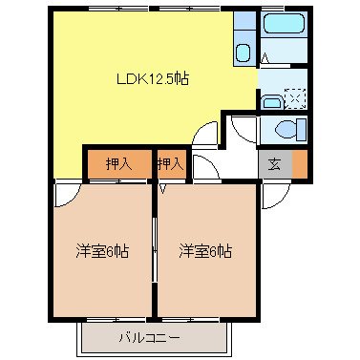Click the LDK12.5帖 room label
[152, 78]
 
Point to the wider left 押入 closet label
[118, 164]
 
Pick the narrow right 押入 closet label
[170, 164]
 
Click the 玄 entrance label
[274, 164]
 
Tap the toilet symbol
[286, 130]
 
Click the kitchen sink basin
[244, 52]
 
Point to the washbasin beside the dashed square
[271, 98]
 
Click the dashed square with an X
[296, 97]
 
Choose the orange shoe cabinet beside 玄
[300, 164]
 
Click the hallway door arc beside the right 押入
[202, 167]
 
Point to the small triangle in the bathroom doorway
[264, 58]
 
